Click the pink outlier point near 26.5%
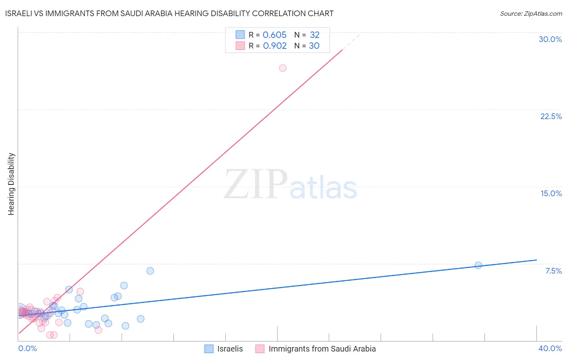click(283, 68)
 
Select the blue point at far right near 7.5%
click(478, 265)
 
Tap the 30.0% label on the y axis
click(550, 39)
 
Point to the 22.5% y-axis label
click(551, 116)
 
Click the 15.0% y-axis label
click(551, 193)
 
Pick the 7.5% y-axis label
click(553, 271)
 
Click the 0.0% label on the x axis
click(27, 348)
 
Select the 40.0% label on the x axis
click(550, 348)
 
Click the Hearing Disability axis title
click(11, 184)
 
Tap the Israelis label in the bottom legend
click(230, 349)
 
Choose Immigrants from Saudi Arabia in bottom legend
click(322, 349)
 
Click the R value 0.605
click(274, 35)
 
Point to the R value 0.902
click(275, 46)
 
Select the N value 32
click(315, 35)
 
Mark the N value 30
click(314, 46)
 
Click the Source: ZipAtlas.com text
click(531, 14)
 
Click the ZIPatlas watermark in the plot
click(290, 184)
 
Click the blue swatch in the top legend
click(240, 35)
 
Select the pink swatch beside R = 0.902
click(240, 46)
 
